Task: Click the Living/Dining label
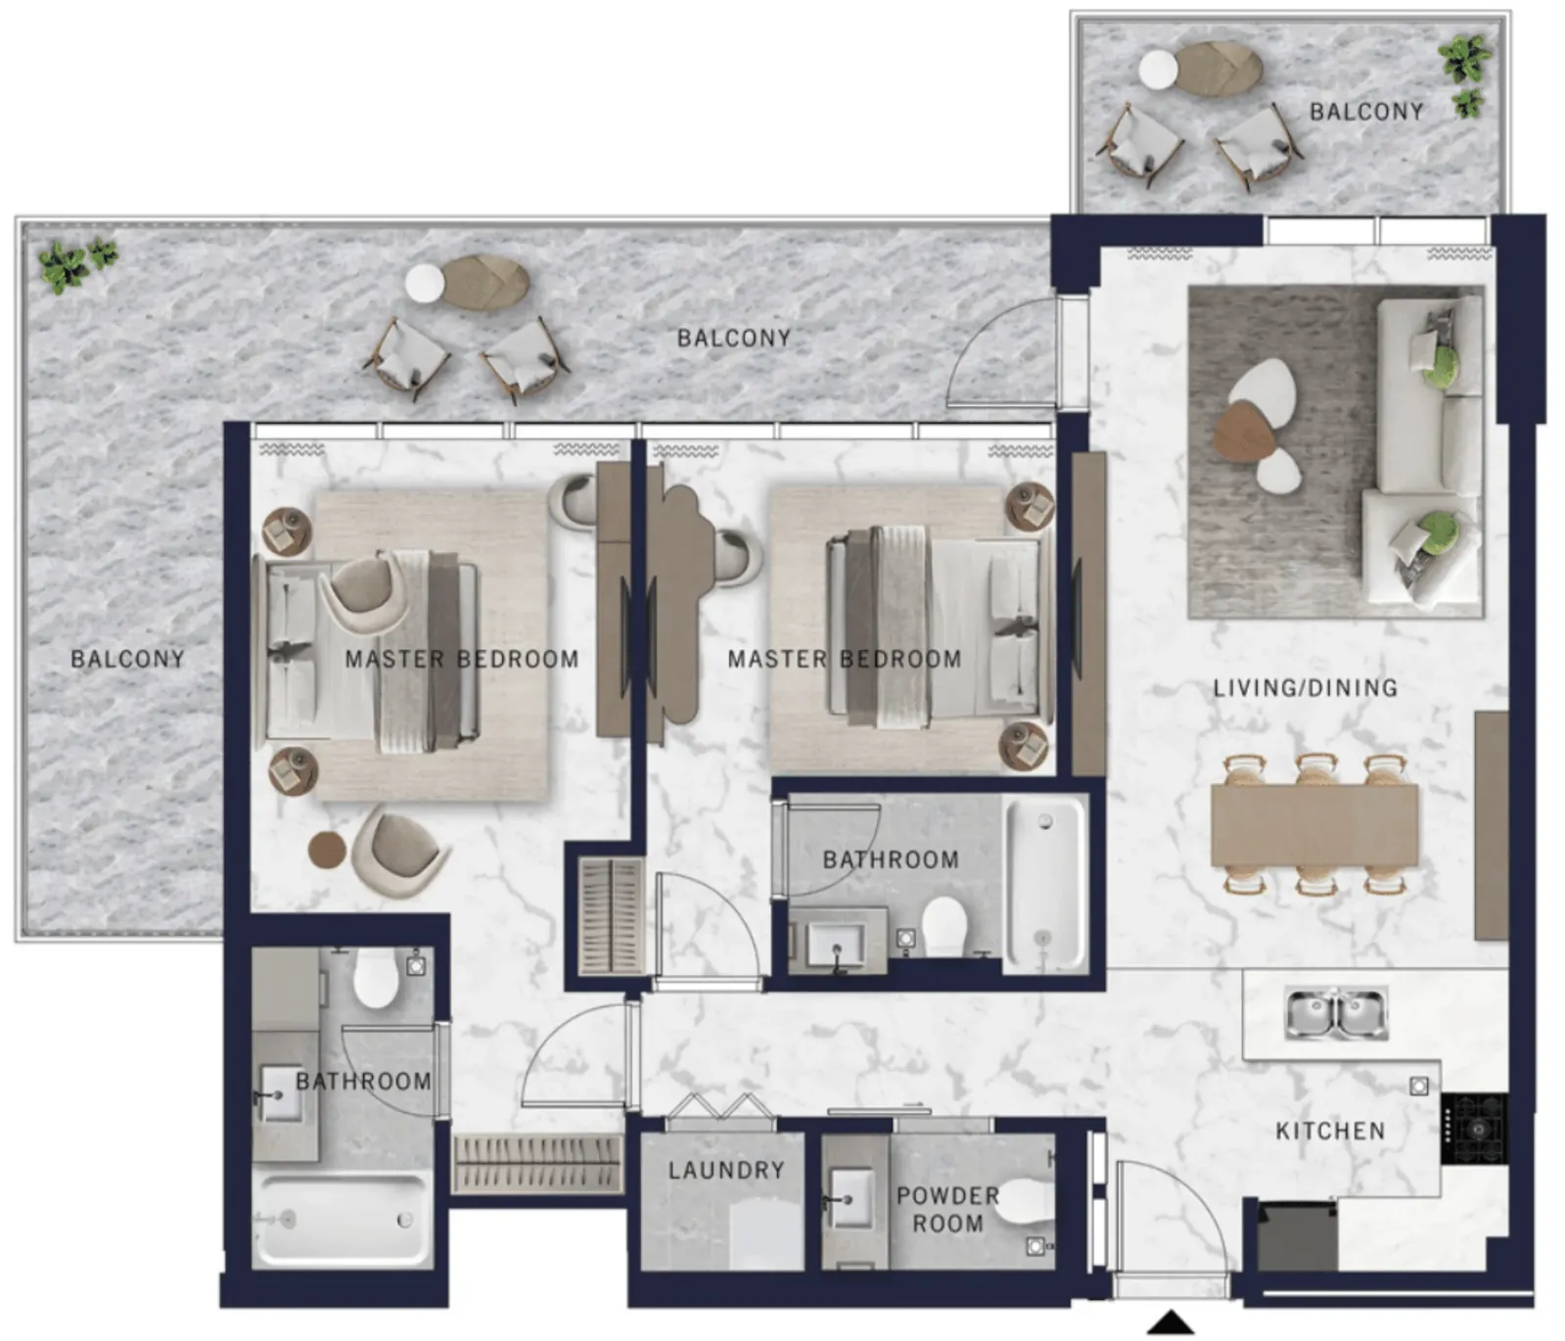click(1305, 688)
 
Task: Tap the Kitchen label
click(1330, 1132)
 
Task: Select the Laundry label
click(726, 1170)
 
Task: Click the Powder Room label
click(947, 1210)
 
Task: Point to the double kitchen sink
click(1335, 1014)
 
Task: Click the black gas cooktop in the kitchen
click(1474, 1130)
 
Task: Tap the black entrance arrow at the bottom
click(1171, 1323)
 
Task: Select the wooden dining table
click(1314, 825)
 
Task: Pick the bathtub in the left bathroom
click(343, 1220)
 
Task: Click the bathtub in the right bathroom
click(1045, 885)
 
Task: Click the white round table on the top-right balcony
click(1158, 70)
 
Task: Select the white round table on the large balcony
click(424, 284)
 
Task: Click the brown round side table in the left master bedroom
click(327, 851)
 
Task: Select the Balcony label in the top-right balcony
click(1366, 112)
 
